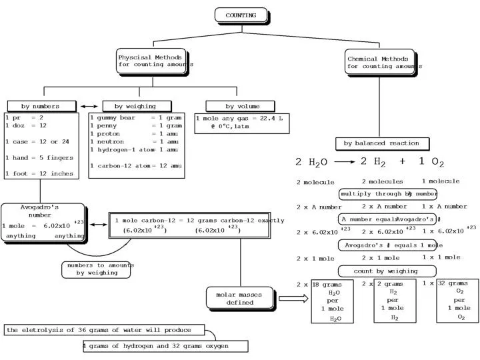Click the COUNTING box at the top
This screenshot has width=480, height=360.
[x=241, y=15]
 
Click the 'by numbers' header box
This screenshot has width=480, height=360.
[x=41, y=106]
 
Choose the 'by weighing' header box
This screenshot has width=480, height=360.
[x=136, y=106]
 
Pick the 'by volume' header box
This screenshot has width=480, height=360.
[x=239, y=106]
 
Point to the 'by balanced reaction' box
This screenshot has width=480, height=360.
[x=381, y=143]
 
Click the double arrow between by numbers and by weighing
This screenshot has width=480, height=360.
[x=89, y=106]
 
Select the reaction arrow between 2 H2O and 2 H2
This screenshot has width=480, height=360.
[x=344, y=161]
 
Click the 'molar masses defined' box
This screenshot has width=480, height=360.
[x=239, y=298]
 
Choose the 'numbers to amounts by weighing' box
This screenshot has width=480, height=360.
[x=96, y=269]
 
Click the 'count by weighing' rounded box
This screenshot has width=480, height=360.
[x=387, y=271]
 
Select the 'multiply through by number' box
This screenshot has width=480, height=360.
[x=388, y=194]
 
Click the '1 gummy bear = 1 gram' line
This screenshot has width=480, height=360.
[x=135, y=117]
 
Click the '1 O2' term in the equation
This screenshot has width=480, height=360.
[x=431, y=162]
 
